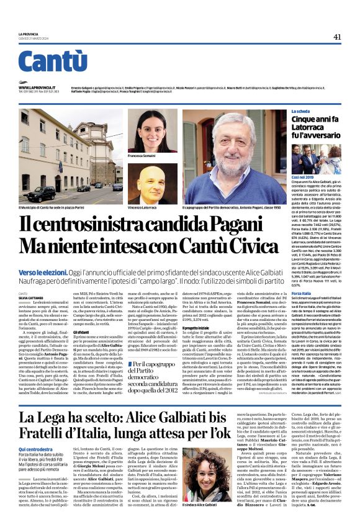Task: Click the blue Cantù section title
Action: (52, 62)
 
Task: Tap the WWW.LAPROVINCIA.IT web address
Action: (38, 88)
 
